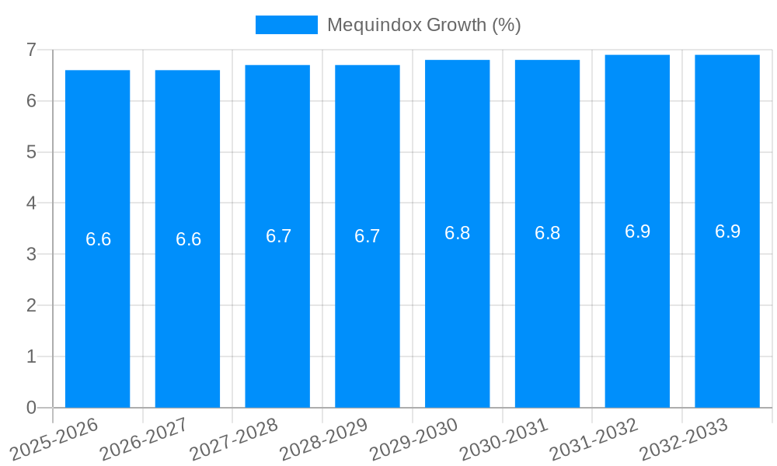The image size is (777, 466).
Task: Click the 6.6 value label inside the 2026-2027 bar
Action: (188, 239)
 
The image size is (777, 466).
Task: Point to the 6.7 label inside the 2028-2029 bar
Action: (368, 236)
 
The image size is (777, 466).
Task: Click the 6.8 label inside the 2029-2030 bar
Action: (457, 233)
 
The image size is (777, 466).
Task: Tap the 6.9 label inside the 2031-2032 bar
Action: (637, 231)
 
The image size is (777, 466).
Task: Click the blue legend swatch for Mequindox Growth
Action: (286, 25)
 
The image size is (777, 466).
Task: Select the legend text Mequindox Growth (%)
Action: (423, 25)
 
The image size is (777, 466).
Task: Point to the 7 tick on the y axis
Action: (31, 50)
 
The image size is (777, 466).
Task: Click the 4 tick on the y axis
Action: (31, 203)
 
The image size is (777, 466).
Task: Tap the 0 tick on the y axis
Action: (31, 408)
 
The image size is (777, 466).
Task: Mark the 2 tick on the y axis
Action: (31, 305)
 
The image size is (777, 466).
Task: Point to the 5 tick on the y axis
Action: (31, 152)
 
